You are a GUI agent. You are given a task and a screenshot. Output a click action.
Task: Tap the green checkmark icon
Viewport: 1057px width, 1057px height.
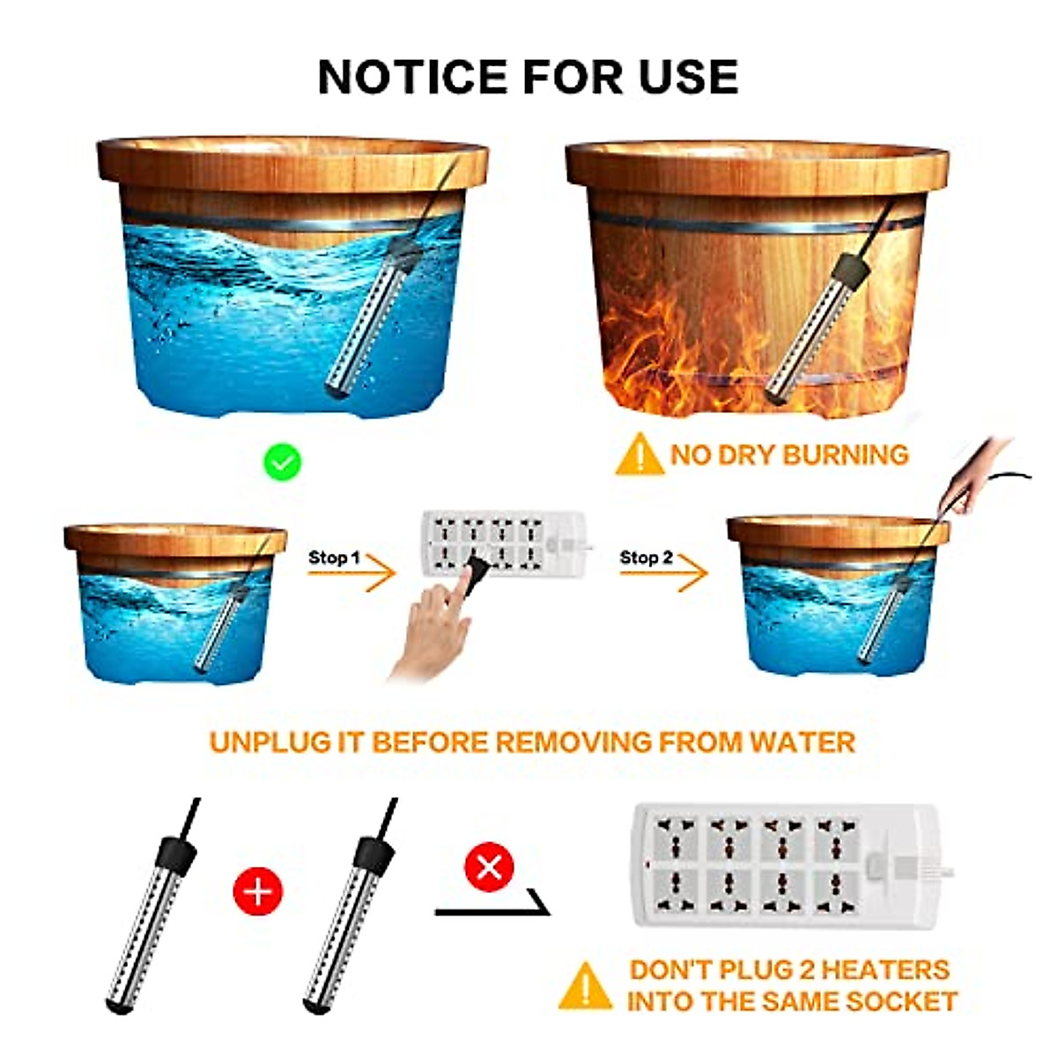284,462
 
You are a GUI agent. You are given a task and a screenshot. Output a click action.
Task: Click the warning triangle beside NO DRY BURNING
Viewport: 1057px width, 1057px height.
639,455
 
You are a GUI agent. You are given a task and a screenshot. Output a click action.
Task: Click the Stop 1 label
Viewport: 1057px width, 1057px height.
334,558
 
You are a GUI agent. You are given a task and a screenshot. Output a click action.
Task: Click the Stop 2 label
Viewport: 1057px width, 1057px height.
646,558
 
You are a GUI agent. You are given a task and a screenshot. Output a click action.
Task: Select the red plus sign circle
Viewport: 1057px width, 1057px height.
257,891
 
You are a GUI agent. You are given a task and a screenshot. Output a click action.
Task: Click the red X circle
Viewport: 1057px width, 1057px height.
489,867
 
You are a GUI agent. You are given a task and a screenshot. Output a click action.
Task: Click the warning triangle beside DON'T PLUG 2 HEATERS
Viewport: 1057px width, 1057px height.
585,987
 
